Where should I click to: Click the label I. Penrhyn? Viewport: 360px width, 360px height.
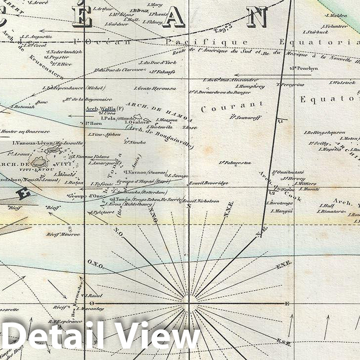click(x=304, y=68)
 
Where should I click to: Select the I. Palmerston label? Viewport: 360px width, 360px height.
click(x=235, y=162)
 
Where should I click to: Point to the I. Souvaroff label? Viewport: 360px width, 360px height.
click(x=241, y=117)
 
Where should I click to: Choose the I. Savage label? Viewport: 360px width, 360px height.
click(x=179, y=176)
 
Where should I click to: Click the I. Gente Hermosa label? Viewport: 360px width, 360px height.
click(x=155, y=89)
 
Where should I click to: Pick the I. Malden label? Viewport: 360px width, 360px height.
click(x=337, y=15)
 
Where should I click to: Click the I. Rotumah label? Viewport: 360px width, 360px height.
click(x=22, y=106)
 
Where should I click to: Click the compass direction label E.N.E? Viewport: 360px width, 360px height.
click(x=283, y=265)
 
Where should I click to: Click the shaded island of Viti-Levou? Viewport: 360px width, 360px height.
click(x=39, y=162)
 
